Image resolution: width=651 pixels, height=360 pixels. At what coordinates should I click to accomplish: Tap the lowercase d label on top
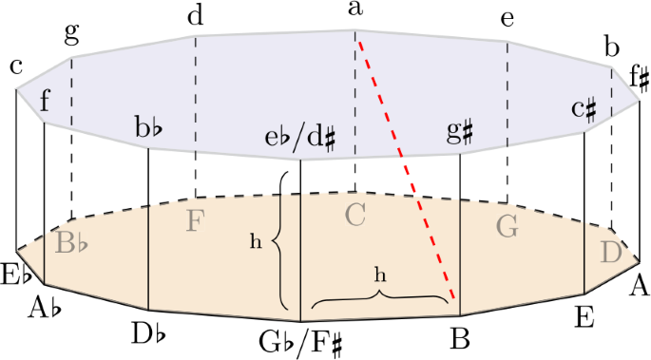196,15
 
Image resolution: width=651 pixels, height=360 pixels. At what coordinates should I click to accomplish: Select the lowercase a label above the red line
355,9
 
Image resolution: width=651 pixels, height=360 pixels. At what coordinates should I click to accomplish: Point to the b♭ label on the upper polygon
150,127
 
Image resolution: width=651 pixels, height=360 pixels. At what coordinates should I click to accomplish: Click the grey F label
195,220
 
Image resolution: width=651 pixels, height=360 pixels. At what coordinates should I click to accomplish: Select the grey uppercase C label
354,216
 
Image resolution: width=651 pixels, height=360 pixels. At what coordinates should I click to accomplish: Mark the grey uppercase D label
611,253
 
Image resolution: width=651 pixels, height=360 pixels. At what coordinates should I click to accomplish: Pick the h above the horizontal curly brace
380,274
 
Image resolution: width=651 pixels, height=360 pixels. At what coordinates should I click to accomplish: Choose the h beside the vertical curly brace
256,241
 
